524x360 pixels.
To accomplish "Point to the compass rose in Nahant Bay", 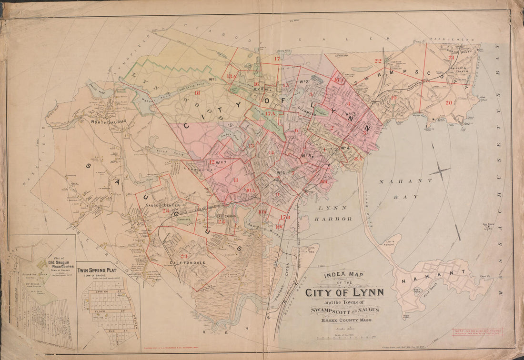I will (x=440, y=170).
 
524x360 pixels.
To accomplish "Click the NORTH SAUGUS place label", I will (x=109, y=121).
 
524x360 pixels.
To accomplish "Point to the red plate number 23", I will (x=184, y=256).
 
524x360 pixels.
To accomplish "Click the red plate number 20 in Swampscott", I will (x=449, y=102).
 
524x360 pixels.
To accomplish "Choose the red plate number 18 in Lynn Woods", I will (x=197, y=93).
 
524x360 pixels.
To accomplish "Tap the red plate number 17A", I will (x=270, y=113).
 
